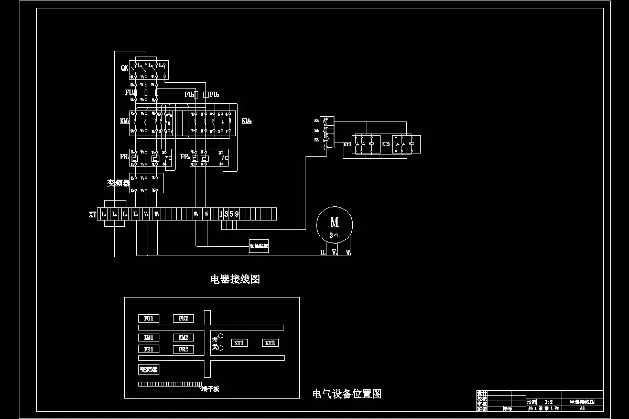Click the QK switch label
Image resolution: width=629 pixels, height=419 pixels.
tap(124, 68)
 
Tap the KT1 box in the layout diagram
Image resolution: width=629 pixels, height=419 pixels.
tap(240, 343)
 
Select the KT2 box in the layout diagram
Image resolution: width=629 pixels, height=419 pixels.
tap(270, 343)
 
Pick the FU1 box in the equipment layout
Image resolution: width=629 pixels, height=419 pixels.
tap(148, 318)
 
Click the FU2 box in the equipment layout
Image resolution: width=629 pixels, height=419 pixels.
tap(183, 318)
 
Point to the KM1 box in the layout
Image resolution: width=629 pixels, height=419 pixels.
tap(148, 338)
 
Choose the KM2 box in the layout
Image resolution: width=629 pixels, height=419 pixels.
tap(183, 338)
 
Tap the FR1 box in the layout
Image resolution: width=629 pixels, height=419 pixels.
tap(148, 349)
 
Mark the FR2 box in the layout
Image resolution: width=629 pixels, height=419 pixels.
tap(183, 349)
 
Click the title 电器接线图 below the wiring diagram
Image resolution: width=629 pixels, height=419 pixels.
tap(235, 279)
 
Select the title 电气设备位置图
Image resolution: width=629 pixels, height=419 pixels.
tap(346, 394)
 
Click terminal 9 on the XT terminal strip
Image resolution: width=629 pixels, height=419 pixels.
tap(237, 214)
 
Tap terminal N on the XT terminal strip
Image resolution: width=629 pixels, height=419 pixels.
tap(207, 214)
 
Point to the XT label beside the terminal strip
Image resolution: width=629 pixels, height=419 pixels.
tap(93, 214)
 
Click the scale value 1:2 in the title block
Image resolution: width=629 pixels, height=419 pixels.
tap(548, 402)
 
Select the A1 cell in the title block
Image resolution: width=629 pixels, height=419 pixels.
tap(582, 408)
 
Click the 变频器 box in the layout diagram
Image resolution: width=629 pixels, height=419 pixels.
tap(148, 370)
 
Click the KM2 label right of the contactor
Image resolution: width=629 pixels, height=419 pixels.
tap(247, 122)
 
